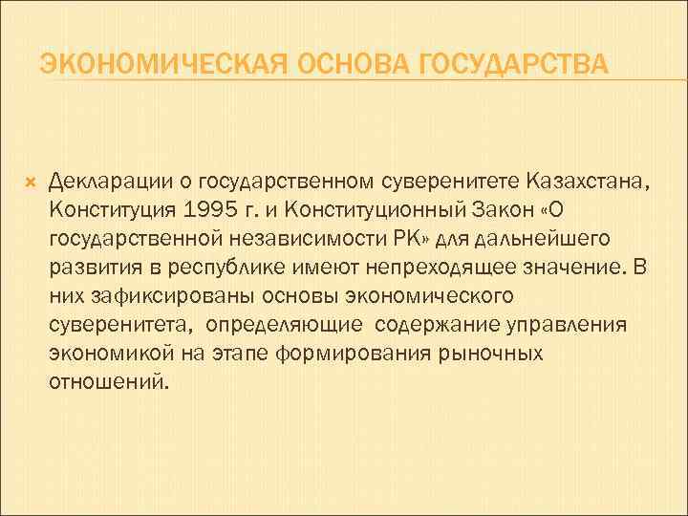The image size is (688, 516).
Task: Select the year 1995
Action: tap(219, 208)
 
